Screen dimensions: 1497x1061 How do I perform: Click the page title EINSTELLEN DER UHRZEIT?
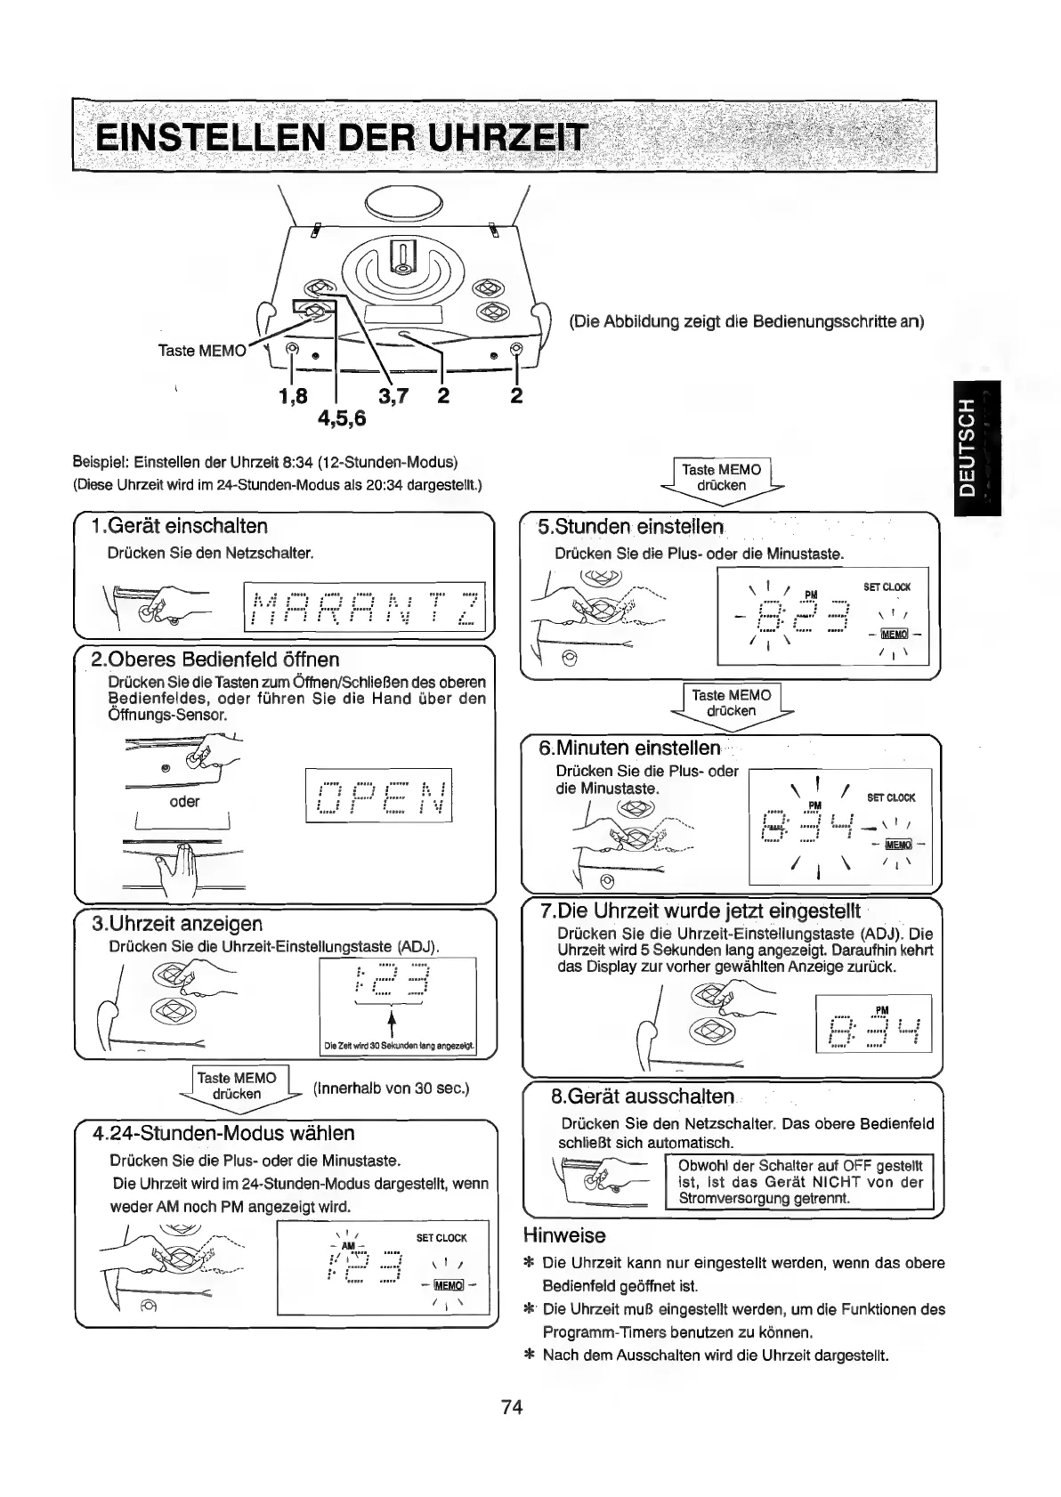point(342,139)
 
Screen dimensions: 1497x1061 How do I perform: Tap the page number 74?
point(512,1407)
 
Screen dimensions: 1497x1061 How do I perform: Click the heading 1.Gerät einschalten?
point(180,526)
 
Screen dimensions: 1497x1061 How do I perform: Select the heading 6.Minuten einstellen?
point(629,747)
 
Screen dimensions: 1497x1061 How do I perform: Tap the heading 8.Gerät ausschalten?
point(643,1096)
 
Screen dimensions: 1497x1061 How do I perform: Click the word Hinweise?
point(564,1235)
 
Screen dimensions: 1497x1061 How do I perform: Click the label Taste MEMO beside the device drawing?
point(201,350)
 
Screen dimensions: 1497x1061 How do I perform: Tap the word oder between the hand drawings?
point(184,801)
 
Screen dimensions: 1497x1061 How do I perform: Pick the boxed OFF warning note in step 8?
point(799,1182)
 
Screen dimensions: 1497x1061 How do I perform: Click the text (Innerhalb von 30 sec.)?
point(391,1088)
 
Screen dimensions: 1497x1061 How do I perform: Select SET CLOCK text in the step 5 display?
point(887,587)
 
